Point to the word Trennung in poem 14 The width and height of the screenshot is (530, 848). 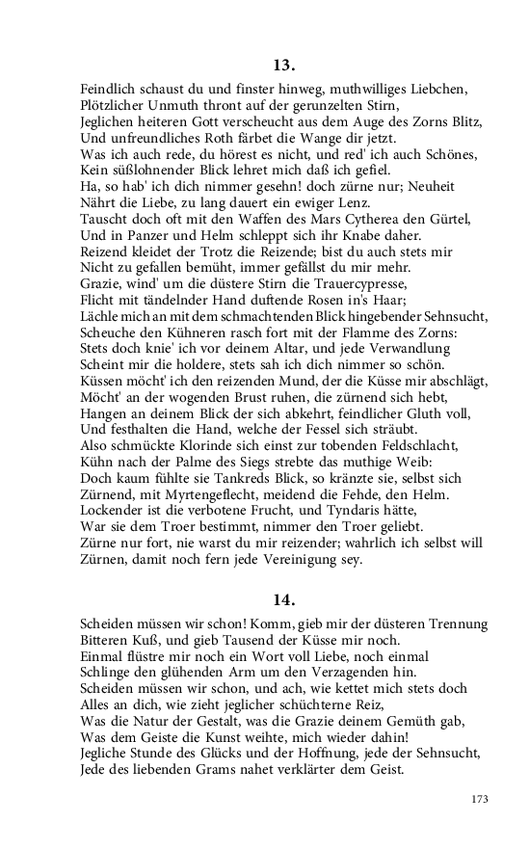451,624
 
